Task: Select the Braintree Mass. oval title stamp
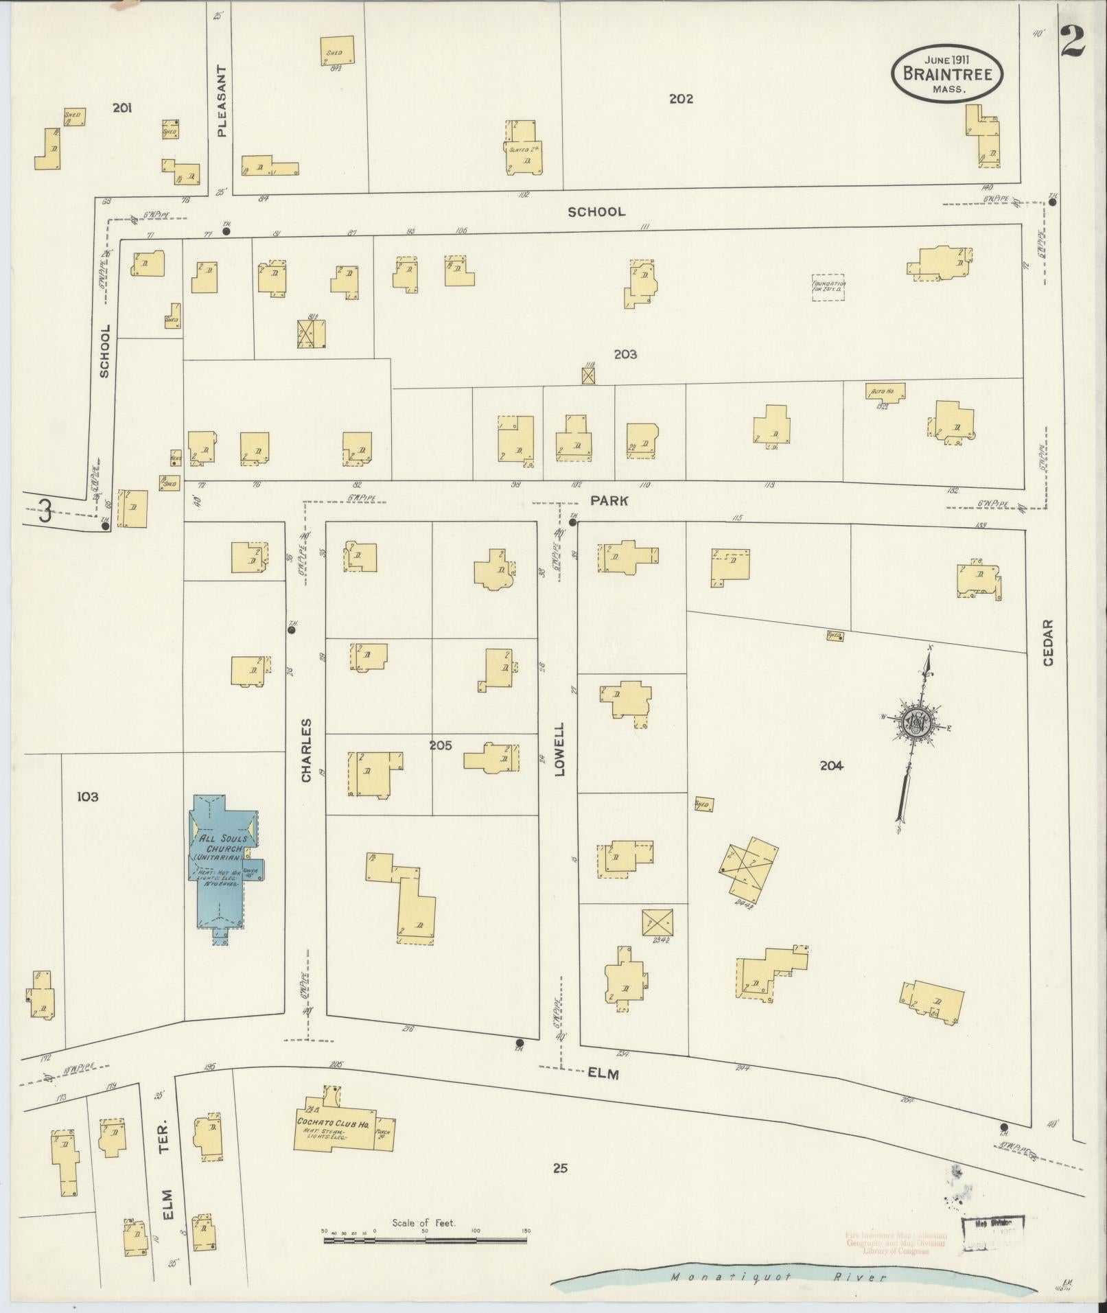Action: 947,73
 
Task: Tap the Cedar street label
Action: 1047,642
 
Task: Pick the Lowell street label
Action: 559,749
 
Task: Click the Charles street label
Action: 306,750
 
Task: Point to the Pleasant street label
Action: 221,101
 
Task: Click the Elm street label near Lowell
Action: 603,1074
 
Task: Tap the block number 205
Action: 441,745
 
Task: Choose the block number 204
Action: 831,765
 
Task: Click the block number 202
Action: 681,99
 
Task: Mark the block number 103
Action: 88,796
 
